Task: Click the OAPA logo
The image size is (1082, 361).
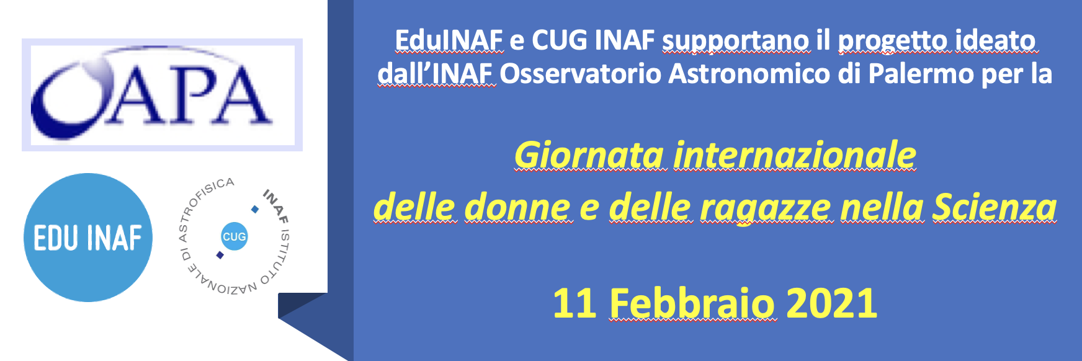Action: click(162, 95)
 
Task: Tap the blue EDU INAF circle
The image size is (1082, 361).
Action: click(88, 238)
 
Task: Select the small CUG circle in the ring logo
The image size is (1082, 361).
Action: click(234, 237)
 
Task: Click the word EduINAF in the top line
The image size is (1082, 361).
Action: click(449, 40)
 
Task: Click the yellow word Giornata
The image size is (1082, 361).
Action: click(589, 155)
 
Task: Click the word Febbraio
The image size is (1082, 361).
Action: click(692, 303)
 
